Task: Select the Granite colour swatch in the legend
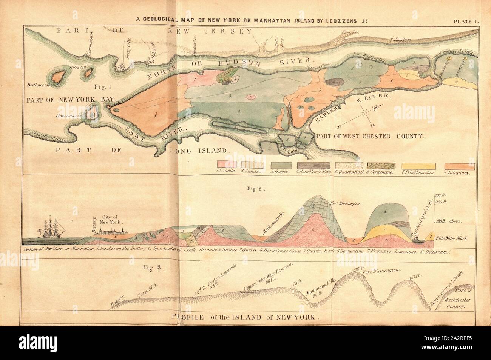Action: (x=216, y=166)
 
